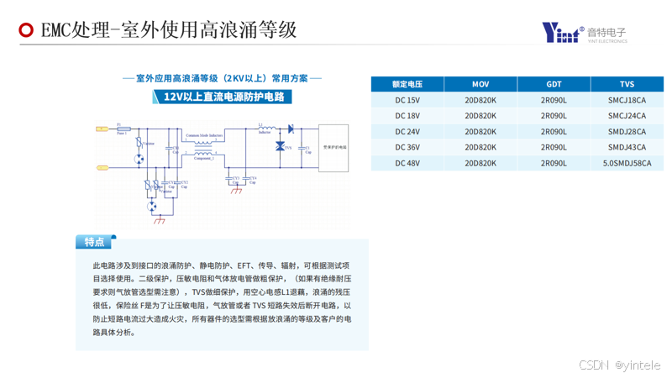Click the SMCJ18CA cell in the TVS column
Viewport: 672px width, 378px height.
point(627,100)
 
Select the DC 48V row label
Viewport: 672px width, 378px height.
point(407,163)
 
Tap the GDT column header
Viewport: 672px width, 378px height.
point(554,84)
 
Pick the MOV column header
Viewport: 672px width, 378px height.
point(480,84)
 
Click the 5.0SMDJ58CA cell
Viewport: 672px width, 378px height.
point(627,163)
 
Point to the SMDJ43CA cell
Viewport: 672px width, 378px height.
point(627,147)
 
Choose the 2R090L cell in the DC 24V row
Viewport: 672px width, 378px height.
point(554,131)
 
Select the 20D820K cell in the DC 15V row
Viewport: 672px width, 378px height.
point(480,100)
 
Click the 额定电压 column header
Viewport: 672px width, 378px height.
point(407,84)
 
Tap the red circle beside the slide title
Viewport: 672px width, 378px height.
point(26,31)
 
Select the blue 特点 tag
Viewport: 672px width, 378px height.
point(95,242)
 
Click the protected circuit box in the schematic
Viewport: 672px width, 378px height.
point(333,148)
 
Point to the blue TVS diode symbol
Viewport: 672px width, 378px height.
point(280,147)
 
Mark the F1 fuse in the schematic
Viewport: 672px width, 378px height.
point(122,129)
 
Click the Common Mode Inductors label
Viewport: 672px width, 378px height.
point(204,134)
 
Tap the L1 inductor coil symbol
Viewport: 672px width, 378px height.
point(265,128)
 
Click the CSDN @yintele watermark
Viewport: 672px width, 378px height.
point(620,365)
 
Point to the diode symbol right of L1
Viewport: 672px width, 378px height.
point(291,129)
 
